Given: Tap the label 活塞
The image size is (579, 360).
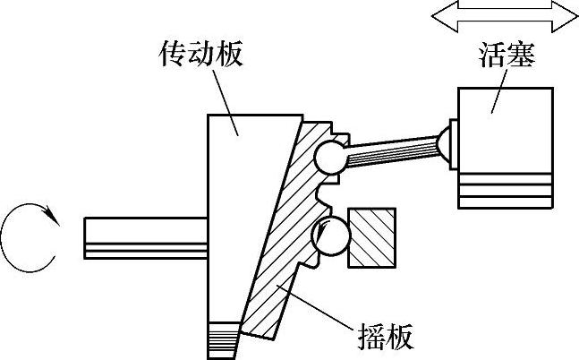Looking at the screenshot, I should tap(506, 56).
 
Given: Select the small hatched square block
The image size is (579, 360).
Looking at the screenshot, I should tap(371, 237).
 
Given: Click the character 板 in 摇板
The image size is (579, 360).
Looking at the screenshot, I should tap(396, 338).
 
